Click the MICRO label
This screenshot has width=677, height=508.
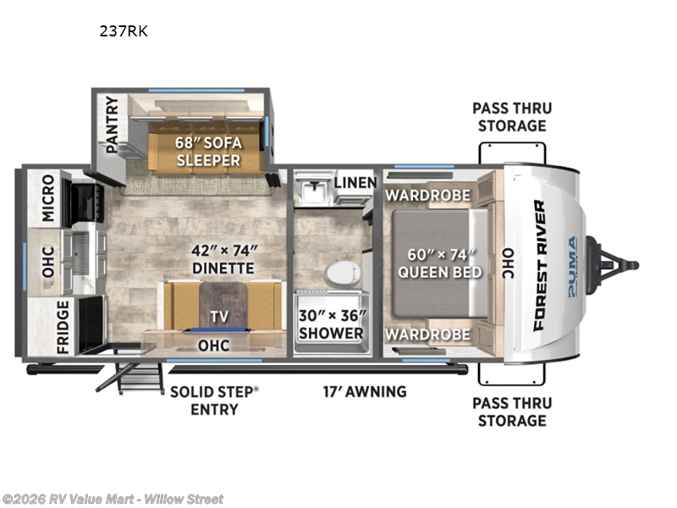pyautogui.click(x=47, y=198)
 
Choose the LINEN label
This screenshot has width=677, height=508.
pyautogui.click(x=350, y=182)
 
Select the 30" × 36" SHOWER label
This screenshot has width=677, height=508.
pyautogui.click(x=331, y=324)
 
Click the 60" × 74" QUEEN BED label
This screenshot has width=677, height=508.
pyautogui.click(x=440, y=262)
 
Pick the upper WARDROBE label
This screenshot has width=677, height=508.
pyautogui.click(x=427, y=196)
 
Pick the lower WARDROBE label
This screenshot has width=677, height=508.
pyautogui.click(x=427, y=334)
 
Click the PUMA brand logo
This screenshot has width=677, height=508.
pyautogui.click(x=572, y=266)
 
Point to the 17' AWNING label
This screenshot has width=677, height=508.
pyautogui.click(x=364, y=391)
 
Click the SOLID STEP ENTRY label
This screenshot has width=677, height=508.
pyautogui.click(x=214, y=400)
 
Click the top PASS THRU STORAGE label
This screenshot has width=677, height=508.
pyautogui.click(x=511, y=117)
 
